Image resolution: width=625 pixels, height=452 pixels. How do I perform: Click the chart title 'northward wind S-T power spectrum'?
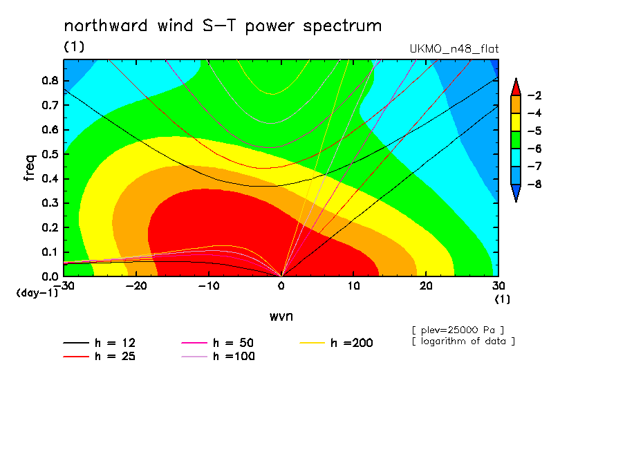click(223, 26)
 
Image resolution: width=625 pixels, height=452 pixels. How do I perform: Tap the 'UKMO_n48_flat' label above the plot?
click(454, 49)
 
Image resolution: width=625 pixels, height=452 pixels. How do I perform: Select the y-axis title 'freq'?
click(30, 168)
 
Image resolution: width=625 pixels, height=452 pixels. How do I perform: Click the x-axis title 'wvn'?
click(281, 317)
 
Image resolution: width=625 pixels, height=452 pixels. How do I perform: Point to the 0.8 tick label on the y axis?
click(50, 80)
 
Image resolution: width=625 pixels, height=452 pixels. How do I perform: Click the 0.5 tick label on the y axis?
click(50, 154)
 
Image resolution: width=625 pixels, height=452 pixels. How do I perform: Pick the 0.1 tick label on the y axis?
click(50, 252)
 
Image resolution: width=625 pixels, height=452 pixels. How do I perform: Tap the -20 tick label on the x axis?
click(136, 286)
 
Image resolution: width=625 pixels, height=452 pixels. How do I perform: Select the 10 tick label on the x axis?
click(353, 286)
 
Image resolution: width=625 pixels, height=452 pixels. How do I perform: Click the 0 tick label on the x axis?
click(281, 286)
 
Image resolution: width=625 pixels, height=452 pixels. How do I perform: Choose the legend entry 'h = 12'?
click(100, 343)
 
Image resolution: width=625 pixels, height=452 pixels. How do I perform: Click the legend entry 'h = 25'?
click(100, 356)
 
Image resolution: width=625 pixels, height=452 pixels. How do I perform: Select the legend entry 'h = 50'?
click(217, 343)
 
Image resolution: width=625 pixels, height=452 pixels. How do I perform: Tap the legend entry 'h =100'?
click(218, 356)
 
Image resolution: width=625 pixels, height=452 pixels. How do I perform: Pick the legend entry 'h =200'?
click(337, 343)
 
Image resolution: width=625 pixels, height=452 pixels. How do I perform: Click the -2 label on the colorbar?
click(534, 95)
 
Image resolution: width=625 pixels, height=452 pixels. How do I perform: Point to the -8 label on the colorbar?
click(534, 184)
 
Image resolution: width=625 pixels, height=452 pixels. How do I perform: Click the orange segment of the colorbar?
click(516, 104)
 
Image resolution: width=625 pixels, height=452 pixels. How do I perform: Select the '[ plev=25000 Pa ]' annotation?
click(458, 330)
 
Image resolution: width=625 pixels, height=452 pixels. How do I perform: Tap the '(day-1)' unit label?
click(37, 293)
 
